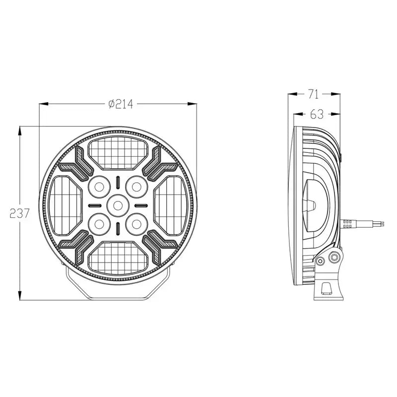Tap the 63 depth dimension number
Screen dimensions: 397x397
[x=316, y=114]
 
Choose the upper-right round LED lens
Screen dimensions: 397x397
[x=136, y=187]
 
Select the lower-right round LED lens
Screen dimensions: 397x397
[x=136, y=222]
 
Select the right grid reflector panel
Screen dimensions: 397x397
[x=170, y=204]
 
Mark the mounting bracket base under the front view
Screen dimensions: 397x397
[x=118, y=290]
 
